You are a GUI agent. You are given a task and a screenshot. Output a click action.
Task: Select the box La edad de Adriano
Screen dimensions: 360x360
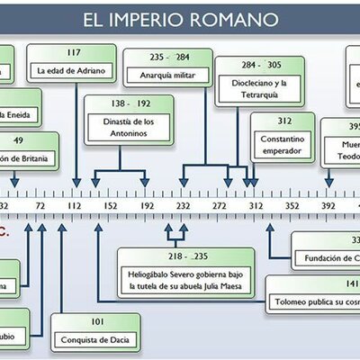[73, 70]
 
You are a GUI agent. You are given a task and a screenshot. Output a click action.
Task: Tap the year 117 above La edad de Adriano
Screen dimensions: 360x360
[73, 51]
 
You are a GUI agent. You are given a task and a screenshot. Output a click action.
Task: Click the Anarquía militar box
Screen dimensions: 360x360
[180, 74]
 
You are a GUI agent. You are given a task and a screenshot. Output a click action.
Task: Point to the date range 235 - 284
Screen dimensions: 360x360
[180, 56]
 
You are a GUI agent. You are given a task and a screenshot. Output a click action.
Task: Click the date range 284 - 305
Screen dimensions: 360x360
[249, 66]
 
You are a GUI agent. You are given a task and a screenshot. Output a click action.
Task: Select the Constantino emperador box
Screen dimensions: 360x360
[284, 145]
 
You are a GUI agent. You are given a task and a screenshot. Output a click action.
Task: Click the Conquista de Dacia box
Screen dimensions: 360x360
[96, 338]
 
